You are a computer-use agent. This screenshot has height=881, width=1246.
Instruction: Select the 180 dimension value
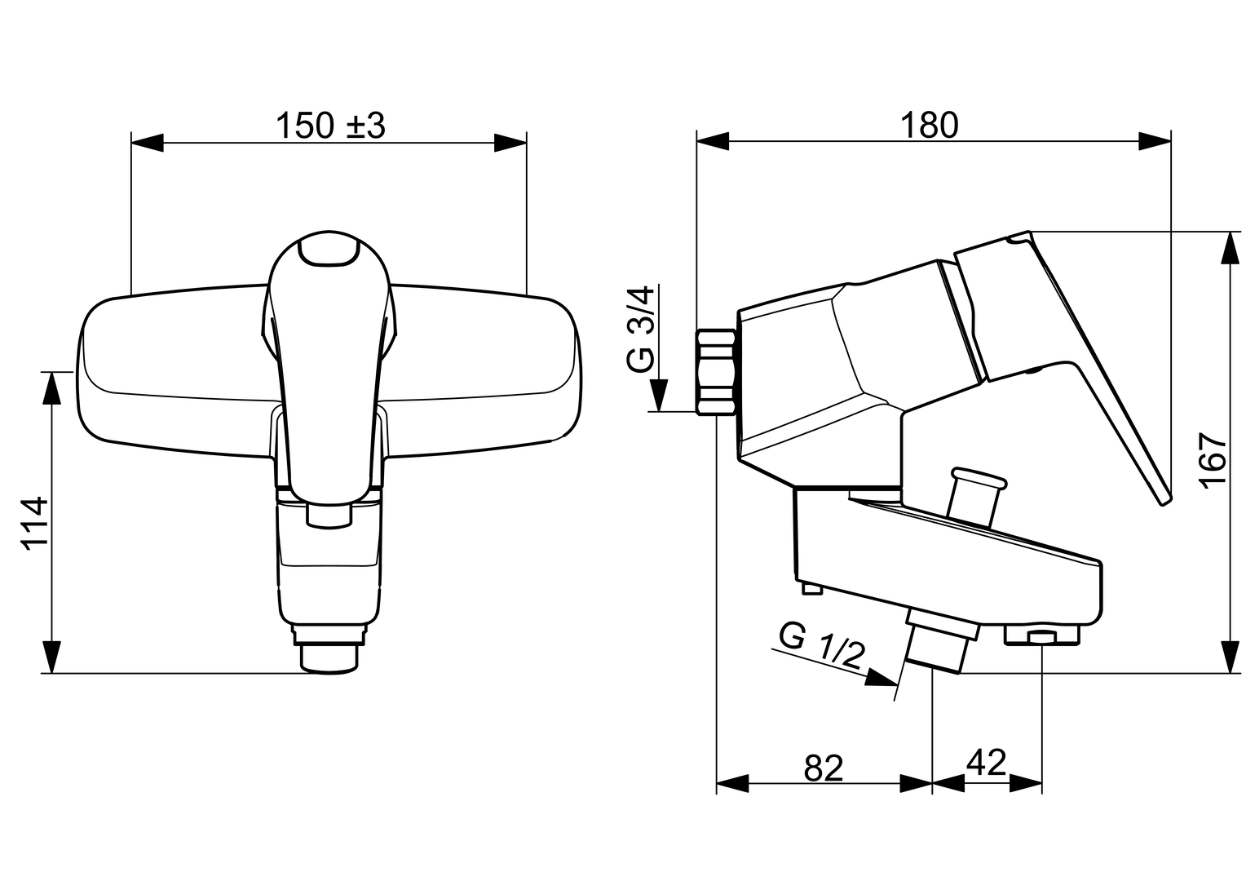930,126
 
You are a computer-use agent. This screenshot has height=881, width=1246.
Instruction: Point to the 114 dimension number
34,524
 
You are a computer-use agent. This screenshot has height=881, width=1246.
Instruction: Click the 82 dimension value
824,768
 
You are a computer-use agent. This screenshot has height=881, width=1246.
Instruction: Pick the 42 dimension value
987,762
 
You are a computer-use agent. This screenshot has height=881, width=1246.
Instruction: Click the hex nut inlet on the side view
716,372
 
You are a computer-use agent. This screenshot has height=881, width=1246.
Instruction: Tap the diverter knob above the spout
972,497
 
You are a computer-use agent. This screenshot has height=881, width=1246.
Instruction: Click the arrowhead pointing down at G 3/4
659,395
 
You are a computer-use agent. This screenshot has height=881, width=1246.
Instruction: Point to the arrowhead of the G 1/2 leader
881,677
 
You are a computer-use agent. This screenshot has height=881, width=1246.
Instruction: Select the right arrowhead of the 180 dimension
1155,141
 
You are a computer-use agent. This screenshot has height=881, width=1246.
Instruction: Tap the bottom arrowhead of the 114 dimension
51,657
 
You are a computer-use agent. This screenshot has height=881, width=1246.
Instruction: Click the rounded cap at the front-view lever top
329,250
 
